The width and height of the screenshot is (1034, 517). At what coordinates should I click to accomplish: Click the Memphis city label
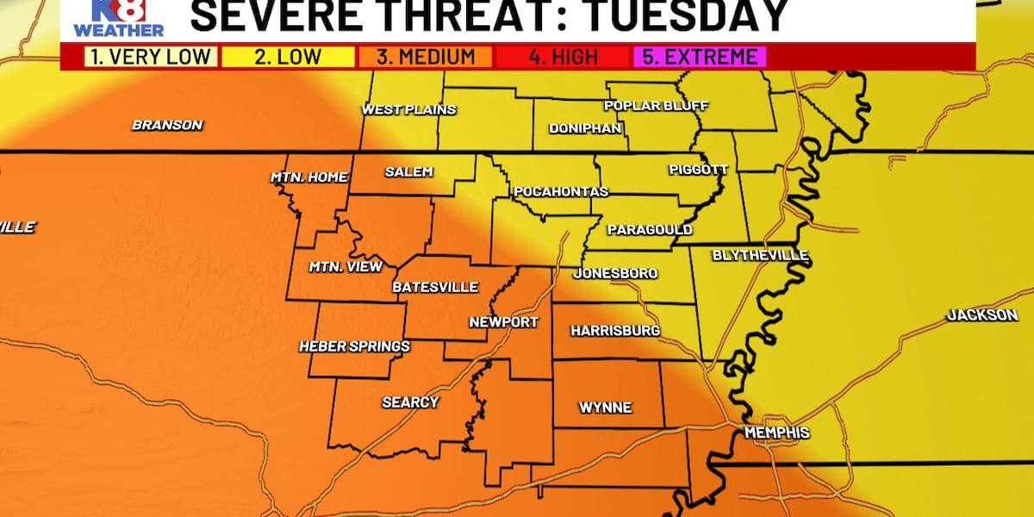click(x=777, y=432)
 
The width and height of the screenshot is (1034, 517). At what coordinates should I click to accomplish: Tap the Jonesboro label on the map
click(x=616, y=273)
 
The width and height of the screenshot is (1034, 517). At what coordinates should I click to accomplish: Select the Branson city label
click(x=167, y=125)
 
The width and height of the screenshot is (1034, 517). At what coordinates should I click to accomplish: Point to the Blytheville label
click(x=760, y=256)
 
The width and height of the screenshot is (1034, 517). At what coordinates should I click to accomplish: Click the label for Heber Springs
click(x=354, y=346)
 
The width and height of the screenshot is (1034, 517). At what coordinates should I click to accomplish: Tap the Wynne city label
click(x=605, y=408)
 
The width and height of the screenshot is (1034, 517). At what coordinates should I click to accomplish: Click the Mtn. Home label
click(x=309, y=178)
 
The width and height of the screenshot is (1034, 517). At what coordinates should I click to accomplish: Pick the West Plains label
click(x=408, y=109)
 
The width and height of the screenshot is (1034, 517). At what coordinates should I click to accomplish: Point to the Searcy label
click(x=410, y=402)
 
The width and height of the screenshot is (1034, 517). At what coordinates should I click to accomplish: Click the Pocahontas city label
click(x=561, y=191)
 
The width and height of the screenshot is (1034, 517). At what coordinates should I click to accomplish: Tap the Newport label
click(x=503, y=322)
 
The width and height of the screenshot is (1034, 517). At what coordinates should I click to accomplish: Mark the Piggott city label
click(x=698, y=170)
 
